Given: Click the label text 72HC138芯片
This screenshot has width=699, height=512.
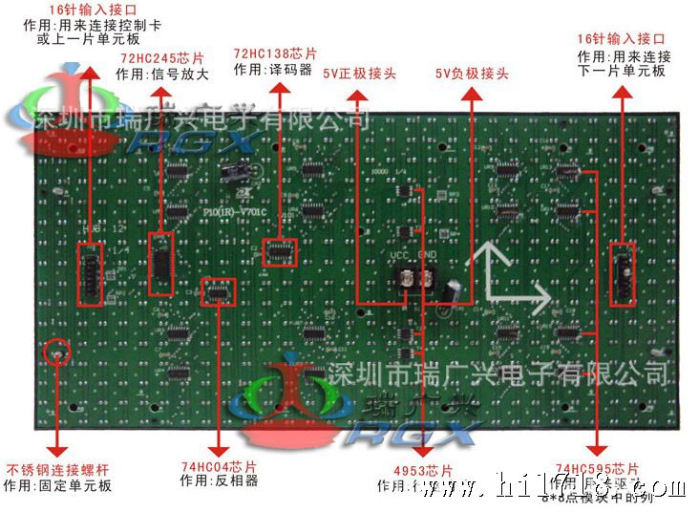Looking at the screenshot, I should click(275, 53).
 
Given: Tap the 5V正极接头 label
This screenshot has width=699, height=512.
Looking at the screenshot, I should click(359, 74).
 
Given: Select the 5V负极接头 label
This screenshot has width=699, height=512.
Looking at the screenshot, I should click(472, 74).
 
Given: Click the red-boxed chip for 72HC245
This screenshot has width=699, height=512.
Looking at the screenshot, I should click(161, 263).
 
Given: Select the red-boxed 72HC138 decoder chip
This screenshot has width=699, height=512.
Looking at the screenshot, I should click(280, 252).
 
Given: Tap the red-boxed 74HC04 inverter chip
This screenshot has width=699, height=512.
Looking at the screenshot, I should click(219, 291).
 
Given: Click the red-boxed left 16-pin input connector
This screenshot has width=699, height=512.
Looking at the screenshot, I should click(90, 274).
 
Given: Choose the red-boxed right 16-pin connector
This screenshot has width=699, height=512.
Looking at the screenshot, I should click(622, 274).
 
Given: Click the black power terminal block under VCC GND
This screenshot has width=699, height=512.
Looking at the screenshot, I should click(417, 279).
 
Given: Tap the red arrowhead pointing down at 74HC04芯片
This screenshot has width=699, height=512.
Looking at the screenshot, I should click(219, 448).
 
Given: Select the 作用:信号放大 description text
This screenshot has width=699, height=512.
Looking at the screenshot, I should click(161, 73).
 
